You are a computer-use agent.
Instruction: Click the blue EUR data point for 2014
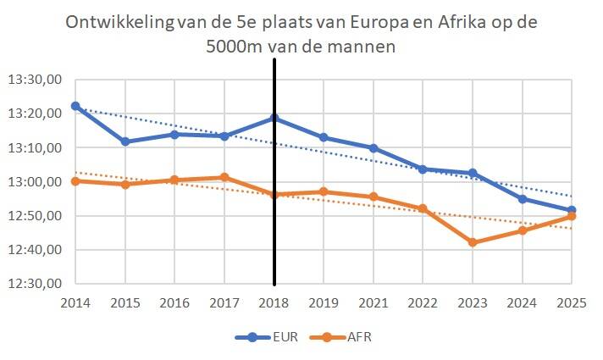click(x=75, y=106)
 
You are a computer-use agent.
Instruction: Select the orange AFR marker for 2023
click(x=473, y=242)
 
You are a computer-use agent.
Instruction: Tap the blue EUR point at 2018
click(x=274, y=118)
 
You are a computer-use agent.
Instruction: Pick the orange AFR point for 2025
click(x=572, y=216)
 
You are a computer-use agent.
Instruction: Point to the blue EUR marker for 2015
click(x=125, y=141)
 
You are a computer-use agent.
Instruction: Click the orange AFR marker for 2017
click(x=224, y=177)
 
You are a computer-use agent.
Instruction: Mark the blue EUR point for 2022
click(x=423, y=169)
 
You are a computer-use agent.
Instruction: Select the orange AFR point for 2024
click(x=522, y=230)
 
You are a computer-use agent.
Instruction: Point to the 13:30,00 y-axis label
click(x=35, y=80)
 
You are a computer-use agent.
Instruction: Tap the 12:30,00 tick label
click(x=35, y=284)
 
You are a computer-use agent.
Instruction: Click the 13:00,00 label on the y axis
click(x=35, y=182)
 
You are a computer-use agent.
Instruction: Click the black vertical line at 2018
click(x=274, y=212)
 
